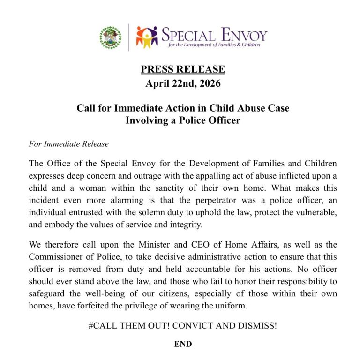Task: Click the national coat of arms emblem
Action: pyautogui.click(x=111, y=37)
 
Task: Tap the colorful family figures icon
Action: pyautogui.click(x=147, y=37)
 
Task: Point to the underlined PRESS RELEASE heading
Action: pyautogui.click(x=183, y=70)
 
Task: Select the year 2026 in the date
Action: pyautogui.click(x=205, y=84)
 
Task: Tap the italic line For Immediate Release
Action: pyautogui.click(x=68, y=144)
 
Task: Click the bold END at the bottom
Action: pyautogui.click(x=183, y=344)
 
